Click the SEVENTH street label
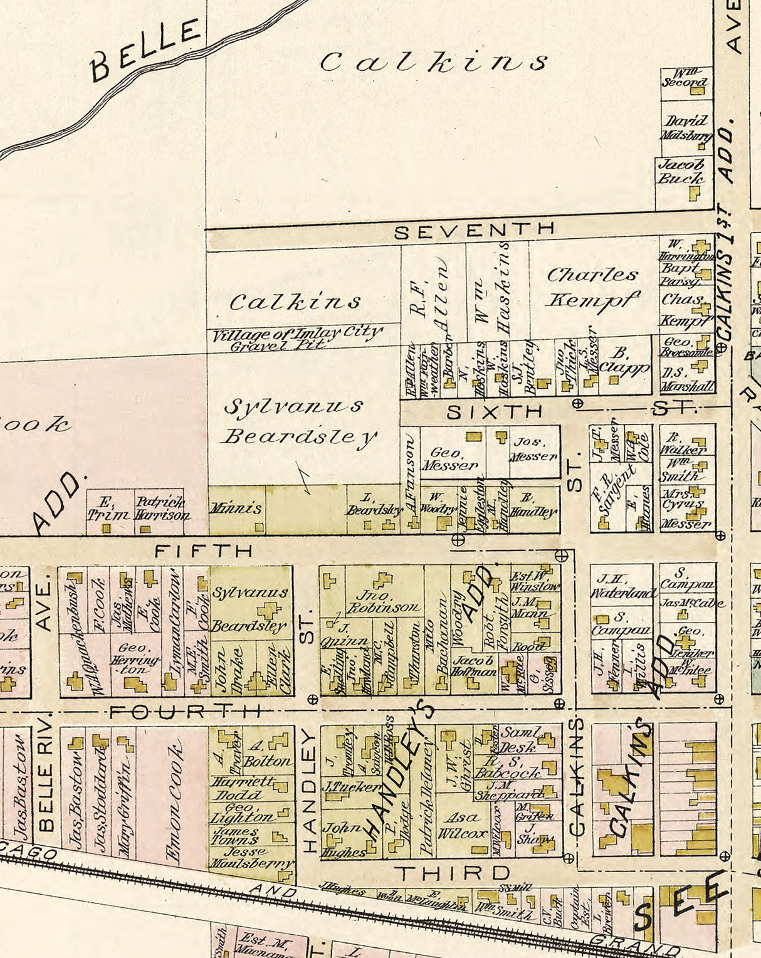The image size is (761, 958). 475,230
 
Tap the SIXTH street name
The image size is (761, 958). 495,412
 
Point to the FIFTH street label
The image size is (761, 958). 204,551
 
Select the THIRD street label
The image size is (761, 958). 453,873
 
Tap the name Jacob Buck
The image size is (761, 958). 681,171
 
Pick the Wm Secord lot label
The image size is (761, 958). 685,77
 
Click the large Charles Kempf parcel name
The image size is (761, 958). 593,287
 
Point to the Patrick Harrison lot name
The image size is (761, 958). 162,508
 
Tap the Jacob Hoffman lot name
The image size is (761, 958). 474,666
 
